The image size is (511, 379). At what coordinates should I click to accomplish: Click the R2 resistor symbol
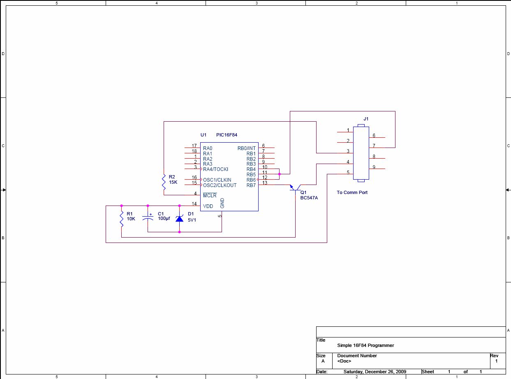(164, 182)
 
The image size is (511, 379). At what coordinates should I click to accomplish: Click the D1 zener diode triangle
(180, 218)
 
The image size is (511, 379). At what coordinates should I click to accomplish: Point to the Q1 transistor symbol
(295, 189)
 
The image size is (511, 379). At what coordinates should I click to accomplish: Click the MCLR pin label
(210, 195)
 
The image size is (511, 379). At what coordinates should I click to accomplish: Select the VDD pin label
(208, 206)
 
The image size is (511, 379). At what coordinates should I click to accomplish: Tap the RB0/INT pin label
(247, 148)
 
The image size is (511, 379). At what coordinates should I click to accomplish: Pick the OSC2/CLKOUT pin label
(220, 185)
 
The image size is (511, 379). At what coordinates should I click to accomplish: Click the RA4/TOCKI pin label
(216, 169)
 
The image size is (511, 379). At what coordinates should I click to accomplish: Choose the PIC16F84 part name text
(227, 135)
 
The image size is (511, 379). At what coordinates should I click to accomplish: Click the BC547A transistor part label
(309, 198)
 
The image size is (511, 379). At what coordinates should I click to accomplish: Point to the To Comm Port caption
(352, 193)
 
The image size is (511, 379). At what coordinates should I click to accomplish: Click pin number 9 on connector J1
(374, 167)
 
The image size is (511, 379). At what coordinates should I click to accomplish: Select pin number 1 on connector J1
(348, 130)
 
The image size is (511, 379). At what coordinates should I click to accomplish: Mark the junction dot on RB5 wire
(280, 174)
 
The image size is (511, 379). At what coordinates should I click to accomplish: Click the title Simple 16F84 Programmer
(365, 345)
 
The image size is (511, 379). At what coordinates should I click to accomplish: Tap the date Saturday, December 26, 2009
(375, 372)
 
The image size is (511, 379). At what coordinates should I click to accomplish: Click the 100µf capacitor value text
(164, 218)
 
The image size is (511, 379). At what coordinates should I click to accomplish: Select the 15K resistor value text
(173, 182)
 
